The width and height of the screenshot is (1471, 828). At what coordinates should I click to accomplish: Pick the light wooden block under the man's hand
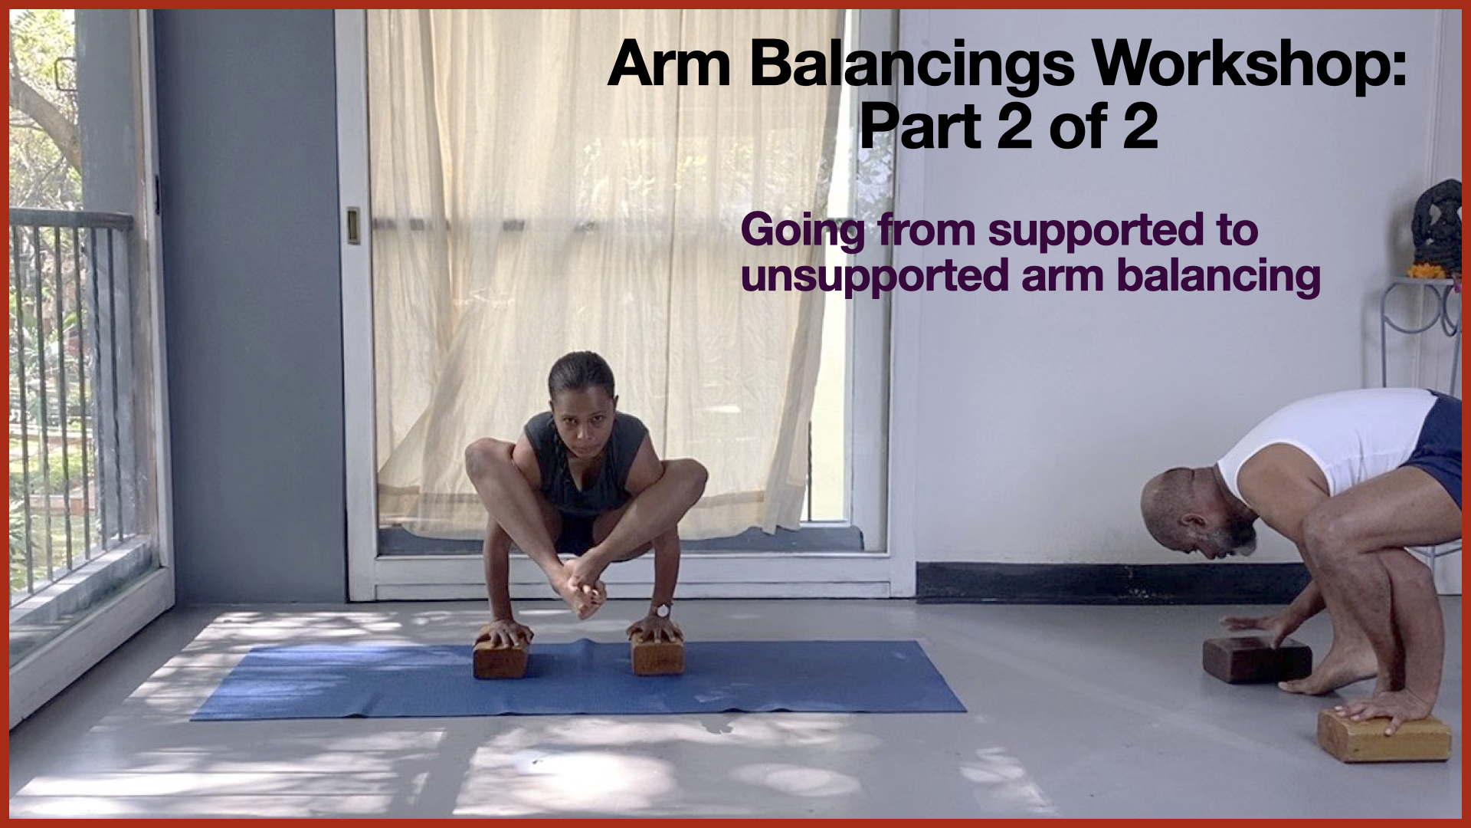pos(1384,735)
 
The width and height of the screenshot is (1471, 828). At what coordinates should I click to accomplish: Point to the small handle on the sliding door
pos(354,225)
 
